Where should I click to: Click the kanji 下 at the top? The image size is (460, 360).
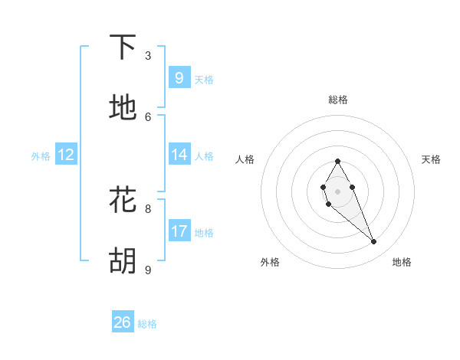coord(123,47)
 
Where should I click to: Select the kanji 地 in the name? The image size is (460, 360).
coord(123,108)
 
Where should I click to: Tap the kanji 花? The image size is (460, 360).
coord(123,199)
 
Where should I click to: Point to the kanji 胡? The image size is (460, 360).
coord(123,261)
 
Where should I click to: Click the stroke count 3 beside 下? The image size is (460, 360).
coord(148,56)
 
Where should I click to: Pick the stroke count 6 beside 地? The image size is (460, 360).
coord(148,116)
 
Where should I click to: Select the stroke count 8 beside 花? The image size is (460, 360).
coord(148,208)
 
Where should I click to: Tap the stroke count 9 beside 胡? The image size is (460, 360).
coord(148,270)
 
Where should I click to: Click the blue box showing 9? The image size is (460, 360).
coord(179,77)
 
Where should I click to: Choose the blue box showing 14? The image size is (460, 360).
coord(179,155)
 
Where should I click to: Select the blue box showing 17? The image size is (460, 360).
coord(179,231)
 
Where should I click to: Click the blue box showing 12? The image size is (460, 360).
coord(66,155)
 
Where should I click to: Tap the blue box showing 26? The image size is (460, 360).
coord(123,322)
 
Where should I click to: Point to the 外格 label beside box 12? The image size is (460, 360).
coord(41,156)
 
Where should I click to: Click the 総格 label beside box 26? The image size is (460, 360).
coord(147,324)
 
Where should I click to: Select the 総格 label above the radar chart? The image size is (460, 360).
coord(338,100)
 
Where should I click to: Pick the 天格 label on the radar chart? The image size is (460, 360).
coord(431,159)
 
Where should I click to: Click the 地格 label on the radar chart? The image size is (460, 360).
coord(402,262)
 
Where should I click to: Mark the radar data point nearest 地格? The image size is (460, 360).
coord(373,242)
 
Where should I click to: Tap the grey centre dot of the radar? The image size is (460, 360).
coord(337,191)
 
